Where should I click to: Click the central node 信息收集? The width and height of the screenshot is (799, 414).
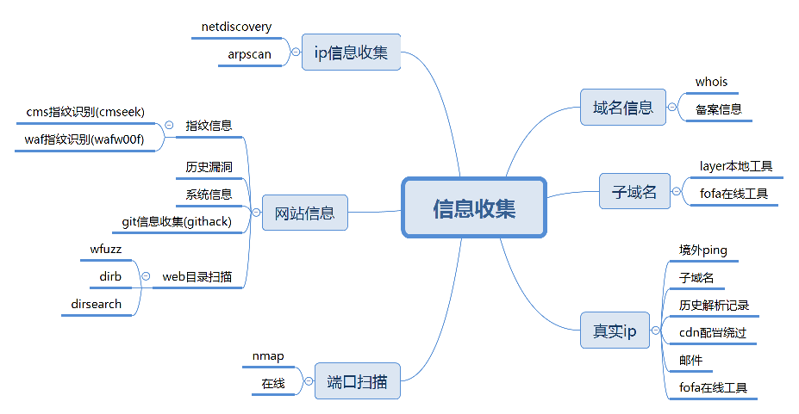point(474,207)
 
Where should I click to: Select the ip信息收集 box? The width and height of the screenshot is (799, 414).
point(352,53)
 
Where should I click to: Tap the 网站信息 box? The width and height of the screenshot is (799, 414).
point(304,213)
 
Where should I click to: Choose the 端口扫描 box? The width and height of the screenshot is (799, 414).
point(357,380)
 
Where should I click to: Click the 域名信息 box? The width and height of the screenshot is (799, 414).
point(622,108)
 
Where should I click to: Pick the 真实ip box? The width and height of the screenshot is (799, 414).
point(614,331)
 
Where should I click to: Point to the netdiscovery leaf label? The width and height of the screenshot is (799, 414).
point(236,27)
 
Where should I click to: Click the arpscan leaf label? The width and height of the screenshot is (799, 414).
point(249,54)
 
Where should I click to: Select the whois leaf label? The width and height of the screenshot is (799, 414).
point(711,82)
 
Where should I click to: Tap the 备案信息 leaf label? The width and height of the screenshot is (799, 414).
point(718,109)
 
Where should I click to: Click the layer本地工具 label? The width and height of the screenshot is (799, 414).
point(735,166)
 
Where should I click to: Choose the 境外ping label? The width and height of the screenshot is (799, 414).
point(702,250)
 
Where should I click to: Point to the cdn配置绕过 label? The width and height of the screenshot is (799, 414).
point(712,332)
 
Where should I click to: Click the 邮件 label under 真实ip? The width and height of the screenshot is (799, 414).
point(690,361)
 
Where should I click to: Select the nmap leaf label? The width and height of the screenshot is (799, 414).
point(268,356)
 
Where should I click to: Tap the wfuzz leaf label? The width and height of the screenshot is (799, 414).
point(106,250)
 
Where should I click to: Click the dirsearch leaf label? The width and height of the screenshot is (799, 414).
point(97,304)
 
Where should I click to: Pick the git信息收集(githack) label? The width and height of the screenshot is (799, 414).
point(177,222)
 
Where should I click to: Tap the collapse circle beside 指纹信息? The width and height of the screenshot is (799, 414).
point(169,126)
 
